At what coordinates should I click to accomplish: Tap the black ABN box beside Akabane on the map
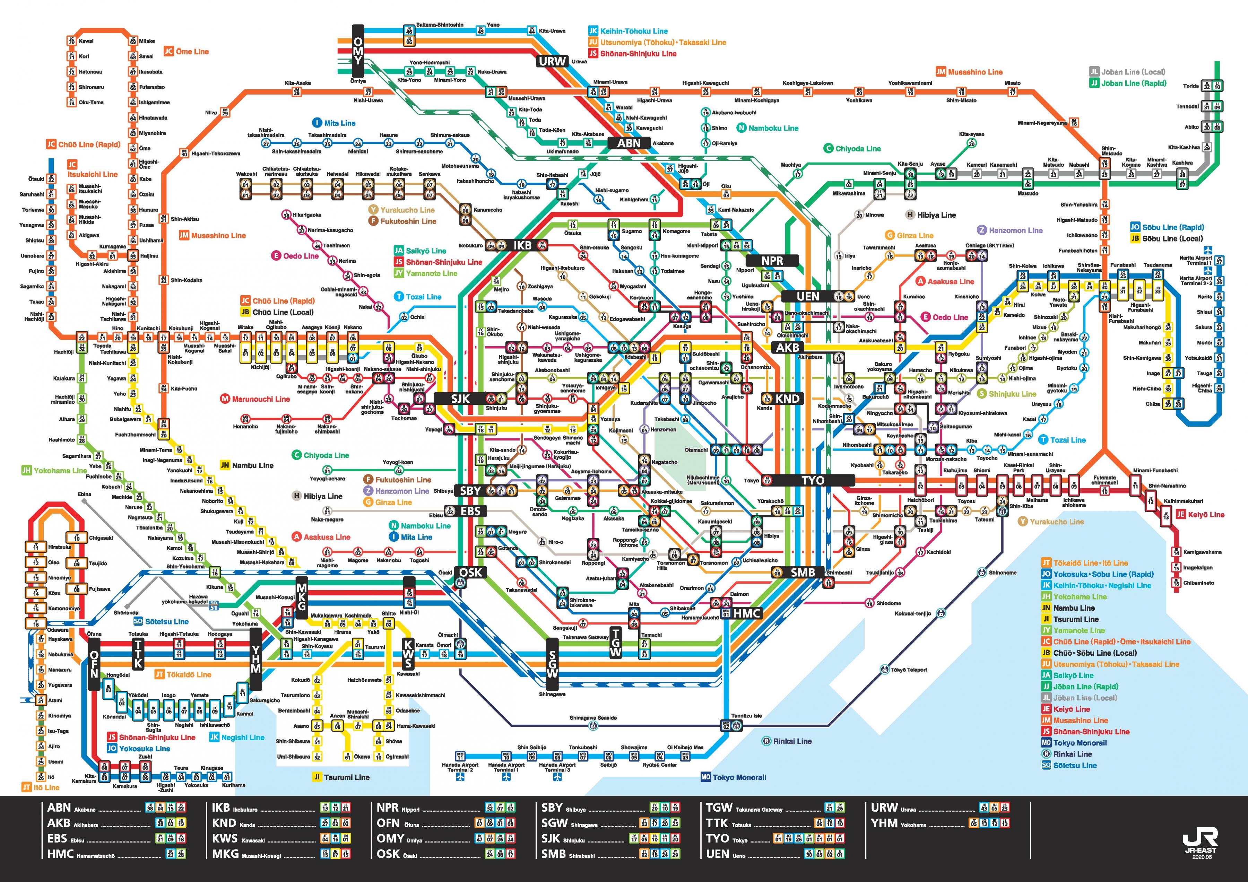point(629,143)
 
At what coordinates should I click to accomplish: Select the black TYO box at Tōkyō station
point(812,480)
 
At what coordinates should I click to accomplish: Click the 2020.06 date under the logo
point(1201,857)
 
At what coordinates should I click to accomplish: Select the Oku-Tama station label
point(91,102)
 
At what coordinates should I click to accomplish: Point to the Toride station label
point(1190,86)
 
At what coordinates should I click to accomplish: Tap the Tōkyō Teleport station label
point(908,670)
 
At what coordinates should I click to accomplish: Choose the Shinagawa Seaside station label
point(593,717)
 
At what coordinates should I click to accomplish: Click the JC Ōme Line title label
point(187,52)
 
